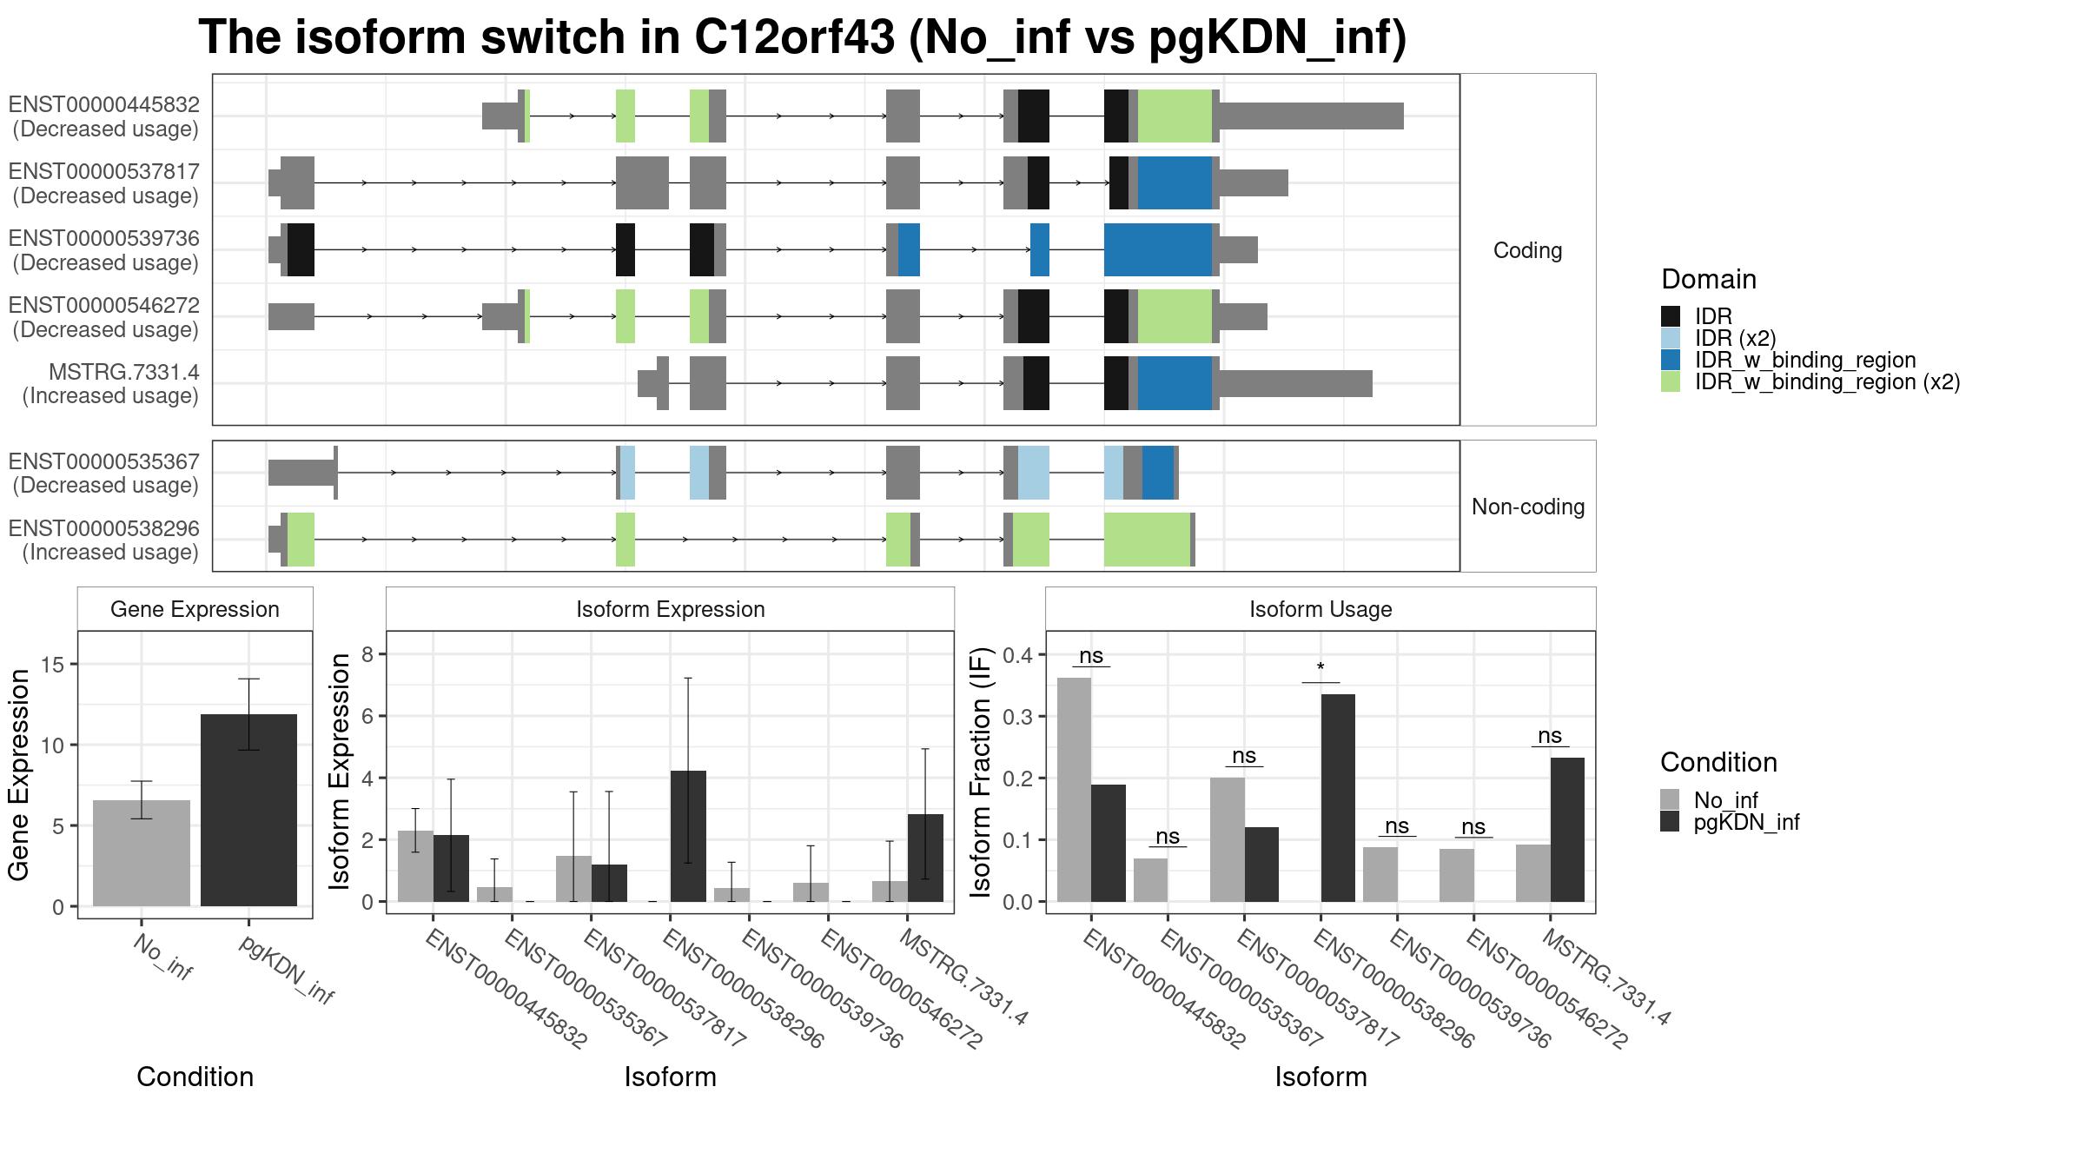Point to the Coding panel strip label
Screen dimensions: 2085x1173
[1527, 250]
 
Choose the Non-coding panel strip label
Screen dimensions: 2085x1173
[1527, 507]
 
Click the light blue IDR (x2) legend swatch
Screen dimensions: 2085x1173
[1670, 338]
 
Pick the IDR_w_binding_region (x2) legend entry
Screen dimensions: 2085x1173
[1810, 381]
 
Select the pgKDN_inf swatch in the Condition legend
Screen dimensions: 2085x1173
[1670, 822]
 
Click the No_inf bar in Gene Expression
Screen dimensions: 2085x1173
[141, 853]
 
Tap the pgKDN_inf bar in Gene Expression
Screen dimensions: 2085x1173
[248, 810]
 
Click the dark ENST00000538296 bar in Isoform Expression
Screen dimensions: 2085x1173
[688, 836]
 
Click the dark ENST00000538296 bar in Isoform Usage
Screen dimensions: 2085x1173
[1338, 798]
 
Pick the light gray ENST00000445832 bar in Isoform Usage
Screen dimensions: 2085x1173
[1074, 790]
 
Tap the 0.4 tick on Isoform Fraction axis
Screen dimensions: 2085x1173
[1020, 655]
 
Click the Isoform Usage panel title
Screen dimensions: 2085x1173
[1320, 609]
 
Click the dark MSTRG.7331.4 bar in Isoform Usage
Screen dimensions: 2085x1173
[1567, 830]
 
